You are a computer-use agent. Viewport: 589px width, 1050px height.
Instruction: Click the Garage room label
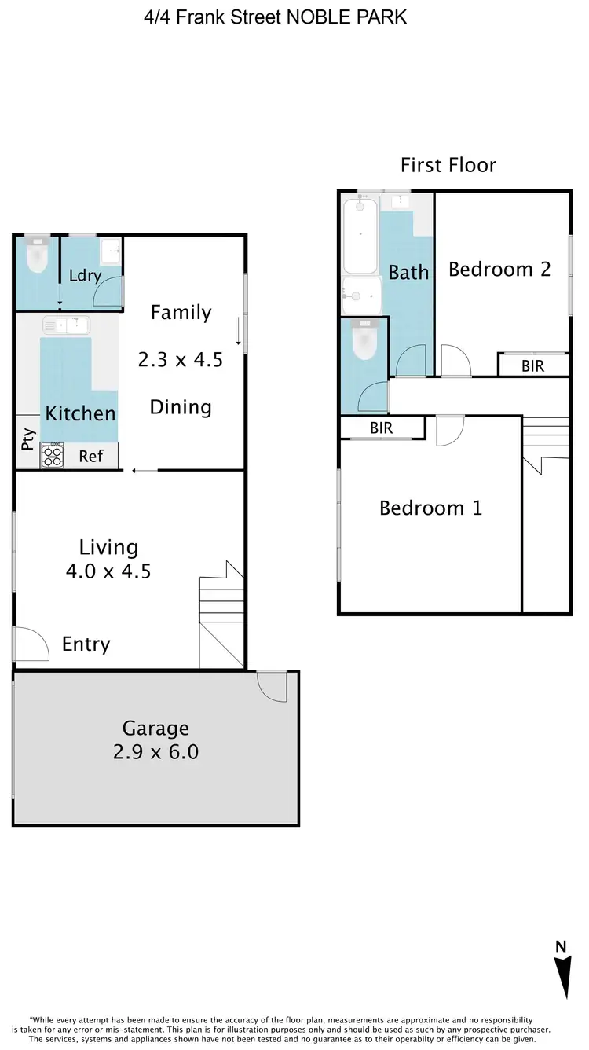coord(155,728)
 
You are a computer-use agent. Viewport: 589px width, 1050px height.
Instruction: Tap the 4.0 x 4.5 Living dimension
coord(108,571)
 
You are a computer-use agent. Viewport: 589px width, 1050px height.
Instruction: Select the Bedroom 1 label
coord(430,508)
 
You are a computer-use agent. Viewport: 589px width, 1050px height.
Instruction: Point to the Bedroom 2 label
coord(499,270)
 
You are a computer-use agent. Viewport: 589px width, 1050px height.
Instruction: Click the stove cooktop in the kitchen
coord(52,457)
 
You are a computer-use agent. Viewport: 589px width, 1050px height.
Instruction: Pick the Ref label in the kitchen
coord(91,456)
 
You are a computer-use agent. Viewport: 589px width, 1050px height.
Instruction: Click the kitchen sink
coord(67,324)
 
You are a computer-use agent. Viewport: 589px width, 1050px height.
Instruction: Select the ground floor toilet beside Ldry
coord(37,258)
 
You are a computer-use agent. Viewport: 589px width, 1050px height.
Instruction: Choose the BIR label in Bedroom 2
coord(532,366)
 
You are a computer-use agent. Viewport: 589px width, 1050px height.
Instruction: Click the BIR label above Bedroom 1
coord(382,428)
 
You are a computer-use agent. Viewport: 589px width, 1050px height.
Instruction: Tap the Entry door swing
coord(29,644)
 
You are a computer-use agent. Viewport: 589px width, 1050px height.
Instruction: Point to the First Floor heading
coord(448,165)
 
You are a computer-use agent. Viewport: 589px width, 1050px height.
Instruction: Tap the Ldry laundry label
coord(85,276)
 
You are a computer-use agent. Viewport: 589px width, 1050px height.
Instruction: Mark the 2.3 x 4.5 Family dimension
coord(181,360)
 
